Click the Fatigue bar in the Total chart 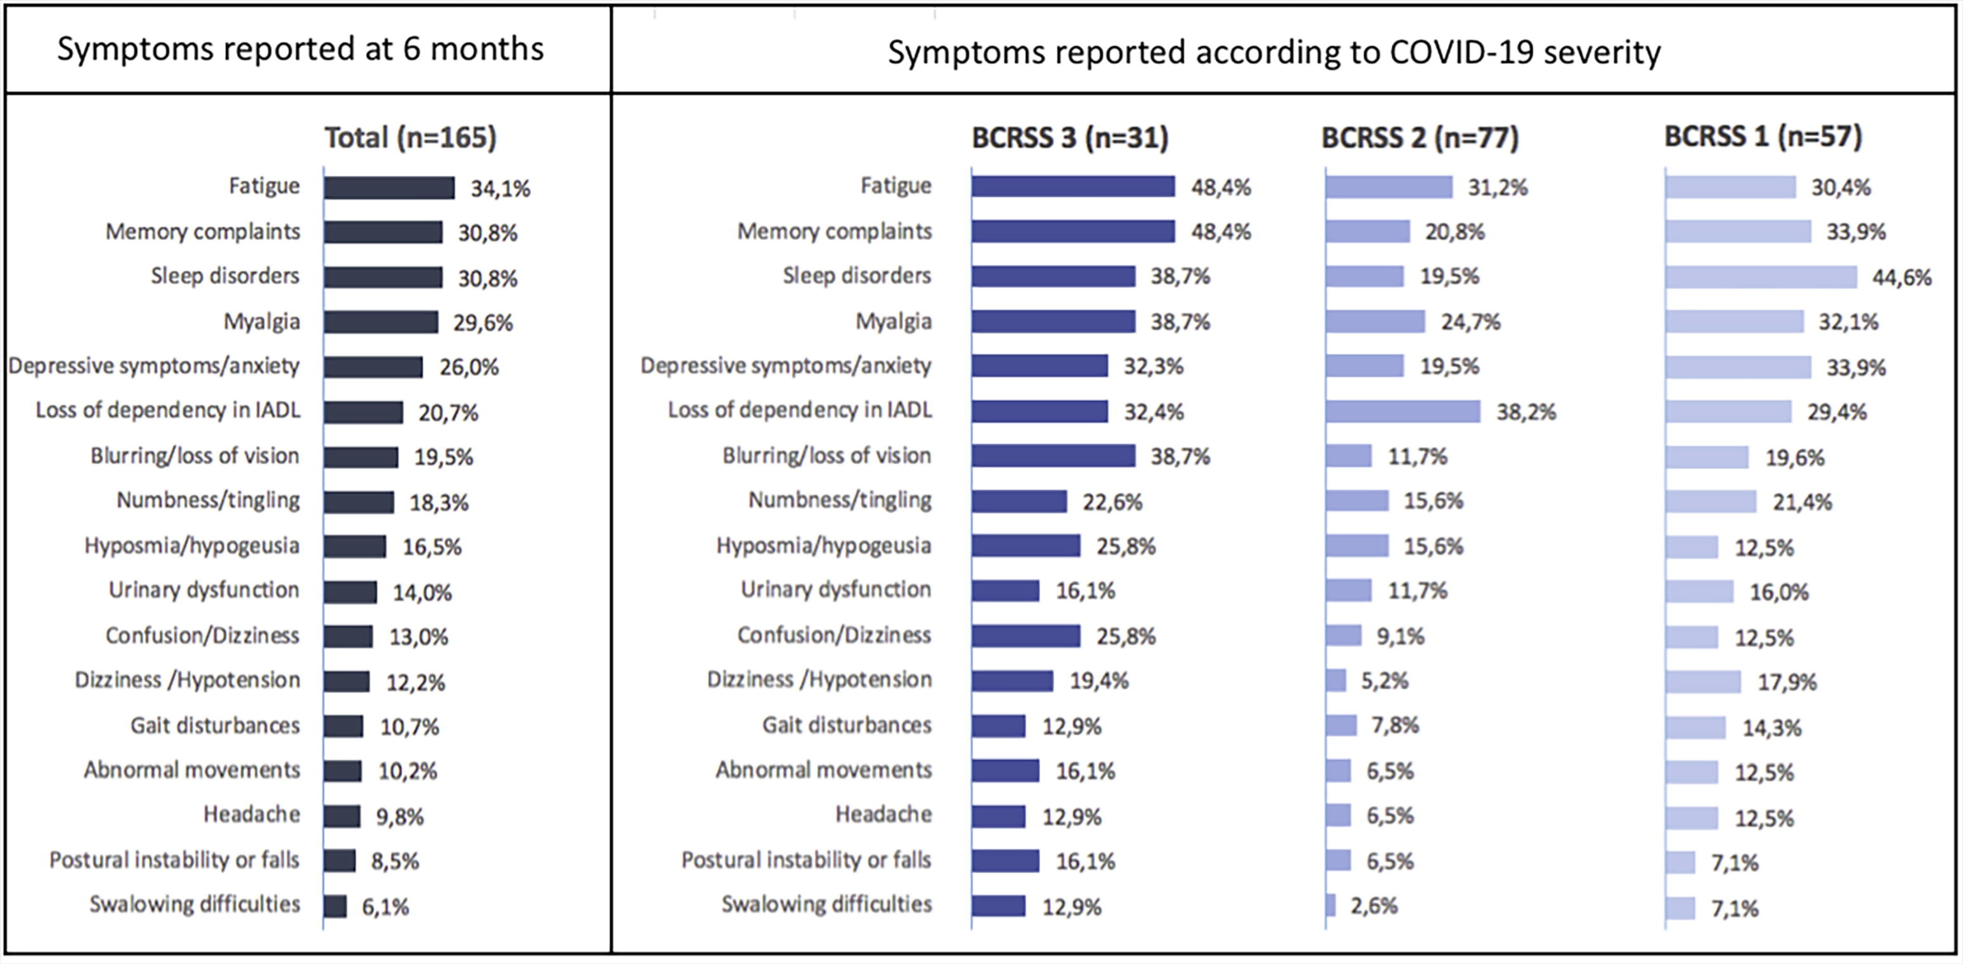tap(389, 187)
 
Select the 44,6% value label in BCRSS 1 tap(1901, 277)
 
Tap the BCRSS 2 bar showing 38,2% tap(1402, 411)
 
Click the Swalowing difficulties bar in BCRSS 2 tap(1330, 905)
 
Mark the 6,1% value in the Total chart tap(385, 907)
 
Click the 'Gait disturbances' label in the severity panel tap(847, 725)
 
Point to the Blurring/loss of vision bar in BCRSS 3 tap(1053, 456)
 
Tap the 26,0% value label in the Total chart tap(469, 367)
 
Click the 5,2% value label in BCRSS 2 tap(1385, 681)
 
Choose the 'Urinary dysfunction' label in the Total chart tap(203, 590)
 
